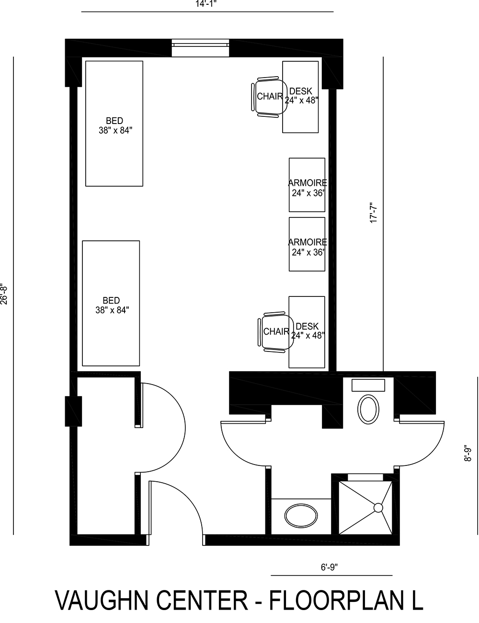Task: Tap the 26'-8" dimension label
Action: click(4, 293)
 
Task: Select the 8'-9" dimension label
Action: click(468, 453)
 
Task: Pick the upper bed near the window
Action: click(114, 124)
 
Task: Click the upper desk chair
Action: click(268, 96)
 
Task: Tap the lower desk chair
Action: click(275, 332)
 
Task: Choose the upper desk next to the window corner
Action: click(300, 97)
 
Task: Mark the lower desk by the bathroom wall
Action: click(307, 332)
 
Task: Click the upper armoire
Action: click(307, 185)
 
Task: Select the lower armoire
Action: click(307, 244)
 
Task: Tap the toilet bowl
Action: click(368, 408)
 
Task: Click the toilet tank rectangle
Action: click(368, 385)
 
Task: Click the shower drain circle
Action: click(378, 507)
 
